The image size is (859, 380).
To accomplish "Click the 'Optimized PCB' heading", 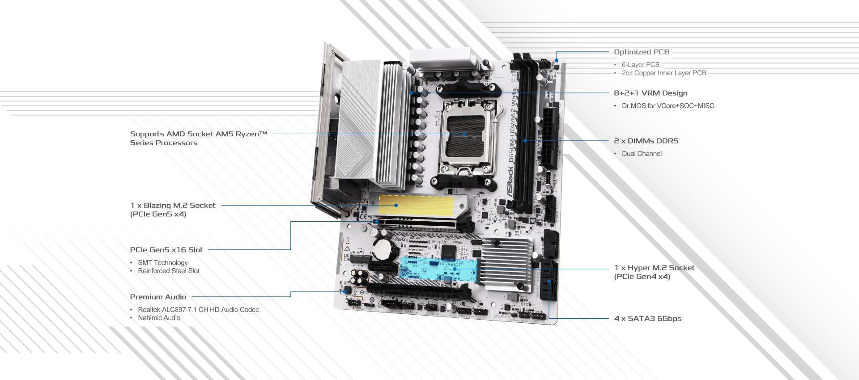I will pos(641,52).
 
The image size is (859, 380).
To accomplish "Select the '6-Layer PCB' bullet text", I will pos(640,65).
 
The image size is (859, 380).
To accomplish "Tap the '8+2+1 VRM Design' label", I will pos(650,93).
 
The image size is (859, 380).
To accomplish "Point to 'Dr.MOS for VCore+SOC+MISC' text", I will pos(668,106).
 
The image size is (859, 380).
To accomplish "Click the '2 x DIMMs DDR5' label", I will pos(646,141).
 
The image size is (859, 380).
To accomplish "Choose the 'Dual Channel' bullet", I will pos(642,154).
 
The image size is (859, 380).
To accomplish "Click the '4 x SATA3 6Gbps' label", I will pos(647,318).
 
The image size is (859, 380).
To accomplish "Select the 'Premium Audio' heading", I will pos(158,297).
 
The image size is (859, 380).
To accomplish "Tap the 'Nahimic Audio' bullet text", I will pos(159,318).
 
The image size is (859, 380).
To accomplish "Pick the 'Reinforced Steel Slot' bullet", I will pos(169,271).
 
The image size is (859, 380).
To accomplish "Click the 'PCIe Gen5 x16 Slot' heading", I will pos(166,250).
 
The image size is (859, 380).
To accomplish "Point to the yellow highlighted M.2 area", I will pos(416,205).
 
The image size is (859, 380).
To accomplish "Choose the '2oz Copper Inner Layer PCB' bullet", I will pos(663,73).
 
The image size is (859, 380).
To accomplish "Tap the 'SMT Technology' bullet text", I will pos(162,263).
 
